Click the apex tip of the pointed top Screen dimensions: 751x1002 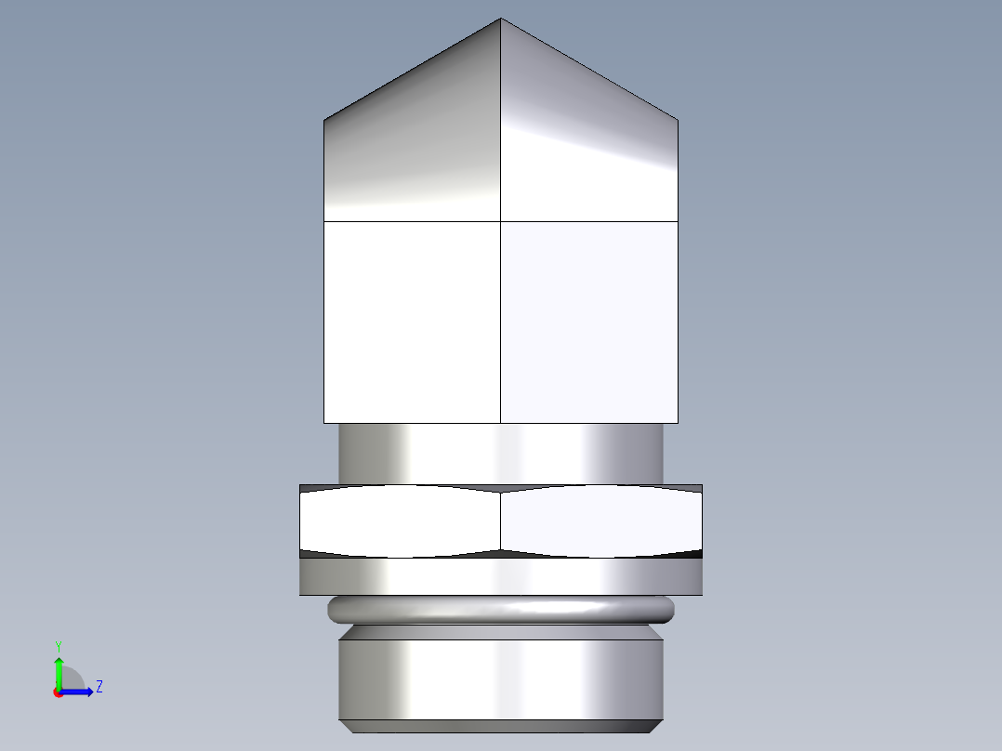click(x=501, y=20)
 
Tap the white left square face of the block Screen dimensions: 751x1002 click(x=412, y=322)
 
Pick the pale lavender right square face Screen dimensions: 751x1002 click(x=588, y=322)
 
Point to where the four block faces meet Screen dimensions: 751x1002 click(x=501, y=221)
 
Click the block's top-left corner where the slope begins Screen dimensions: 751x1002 click(x=324, y=120)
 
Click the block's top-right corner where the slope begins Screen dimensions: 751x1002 click(x=677, y=120)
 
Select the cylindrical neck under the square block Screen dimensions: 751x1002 click(x=501, y=454)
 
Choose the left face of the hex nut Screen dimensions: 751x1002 click(x=400, y=520)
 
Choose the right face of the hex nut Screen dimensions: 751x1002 click(x=600, y=520)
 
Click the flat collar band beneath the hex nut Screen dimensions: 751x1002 click(x=501, y=576)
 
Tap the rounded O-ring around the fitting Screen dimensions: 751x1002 click(x=501, y=610)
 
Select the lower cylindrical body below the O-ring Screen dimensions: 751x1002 click(x=501, y=679)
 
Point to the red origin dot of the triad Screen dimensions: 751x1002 click(x=59, y=692)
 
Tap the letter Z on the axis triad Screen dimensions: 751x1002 click(x=99, y=688)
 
